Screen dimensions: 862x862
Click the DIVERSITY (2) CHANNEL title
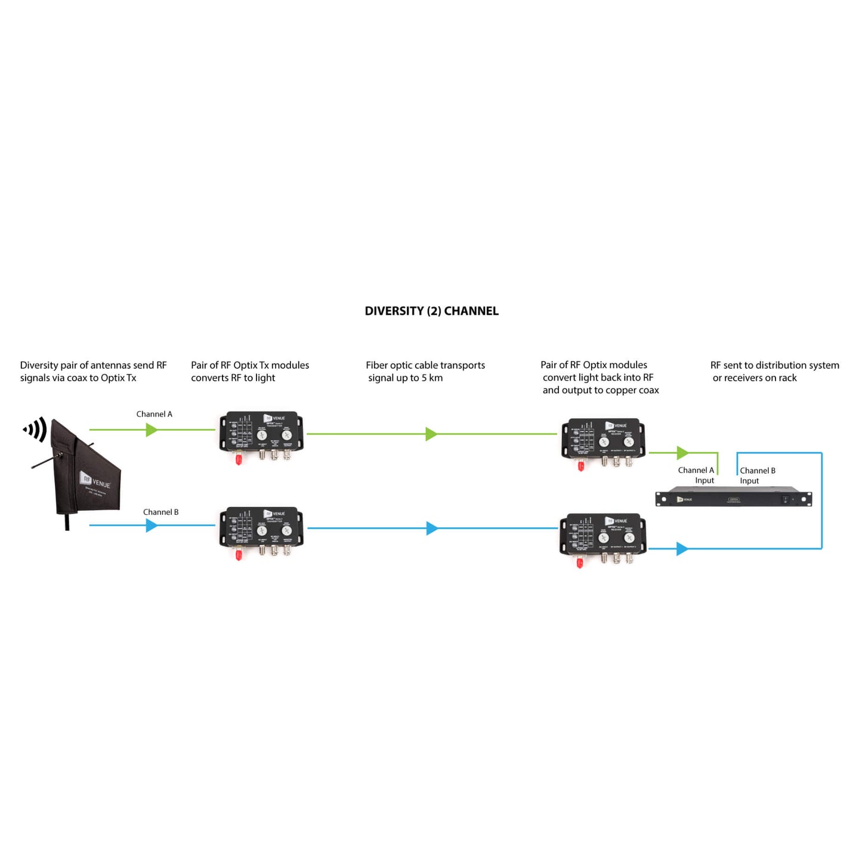pos(431,311)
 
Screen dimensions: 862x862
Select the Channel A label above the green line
pos(154,414)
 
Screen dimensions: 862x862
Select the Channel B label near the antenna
pos(160,512)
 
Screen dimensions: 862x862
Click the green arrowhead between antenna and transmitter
pos(152,430)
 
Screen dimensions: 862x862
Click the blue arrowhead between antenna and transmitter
pos(152,526)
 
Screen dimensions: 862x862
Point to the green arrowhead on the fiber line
pos(431,434)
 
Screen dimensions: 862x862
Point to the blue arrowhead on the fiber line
pos(432,528)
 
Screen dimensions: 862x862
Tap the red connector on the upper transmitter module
pos(239,459)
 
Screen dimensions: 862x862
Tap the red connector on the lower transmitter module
pos(239,555)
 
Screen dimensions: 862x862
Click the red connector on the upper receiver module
pos(581,465)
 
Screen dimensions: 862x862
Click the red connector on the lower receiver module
pos(579,563)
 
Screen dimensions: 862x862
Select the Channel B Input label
pos(757,475)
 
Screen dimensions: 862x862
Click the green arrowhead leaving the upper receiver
pos(683,453)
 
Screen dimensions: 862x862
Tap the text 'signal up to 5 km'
pos(405,378)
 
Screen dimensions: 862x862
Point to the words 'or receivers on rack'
pos(755,378)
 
